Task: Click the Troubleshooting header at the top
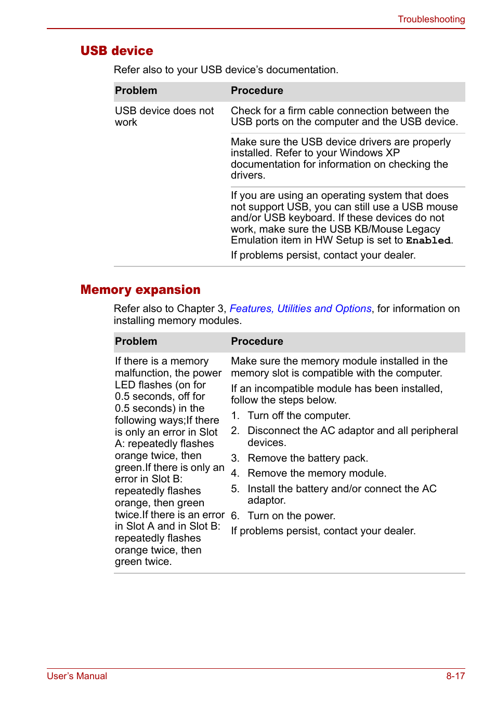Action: pyautogui.click(x=431, y=19)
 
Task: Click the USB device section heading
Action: pyautogui.click(x=116, y=51)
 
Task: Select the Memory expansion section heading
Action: pyautogui.click(x=140, y=290)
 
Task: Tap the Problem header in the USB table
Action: pyautogui.click(x=136, y=91)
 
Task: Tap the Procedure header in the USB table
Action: pyautogui.click(x=257, y=91)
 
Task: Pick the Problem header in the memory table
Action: pyautogui.click(x=136, y=342)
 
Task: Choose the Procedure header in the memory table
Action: pyautogui.click(x=257, y=342)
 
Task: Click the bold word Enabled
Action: pyautogui.click(x=428, y=241)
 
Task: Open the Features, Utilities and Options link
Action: pyautogui.click(x=301, y=309)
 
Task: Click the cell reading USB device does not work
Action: pyautogui.click(x=164, y=116)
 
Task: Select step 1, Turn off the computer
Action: pyautogui.click(x=298, y=416)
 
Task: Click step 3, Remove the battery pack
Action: pyautogui.click(x=307, y=458)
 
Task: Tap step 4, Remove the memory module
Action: pyautogui.click(x=317, y=474)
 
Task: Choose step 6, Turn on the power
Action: pyautogui.click(x=291, y=516)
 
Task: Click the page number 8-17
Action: pyautogui.click(x=455, y=676)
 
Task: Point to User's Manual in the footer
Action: pyautogui.click(x=77, y=676)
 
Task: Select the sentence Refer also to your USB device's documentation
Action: pyautogui.click(x=226, y=70)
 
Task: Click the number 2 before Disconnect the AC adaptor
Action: pyautogui.click(x=235, y=431)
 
